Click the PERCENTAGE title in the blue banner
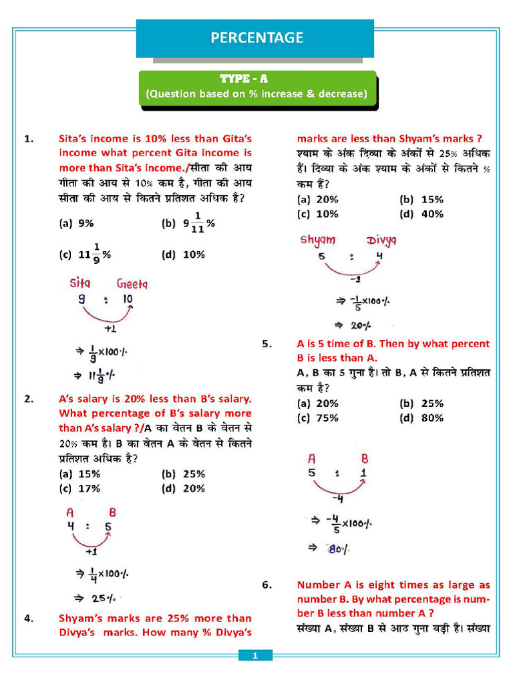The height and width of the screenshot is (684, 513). tap(256, 38)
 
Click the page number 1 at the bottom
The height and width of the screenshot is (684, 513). tap(255, 657)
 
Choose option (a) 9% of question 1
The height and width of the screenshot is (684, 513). tap(76, 224)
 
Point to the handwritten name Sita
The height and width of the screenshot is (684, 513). tap(80, 283)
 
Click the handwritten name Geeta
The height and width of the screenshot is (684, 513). tap(132, 283)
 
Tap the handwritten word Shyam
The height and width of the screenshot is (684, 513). tap(318, 240)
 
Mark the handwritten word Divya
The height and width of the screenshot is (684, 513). tap(381, 240)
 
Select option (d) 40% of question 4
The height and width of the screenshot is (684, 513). tap(421, 214)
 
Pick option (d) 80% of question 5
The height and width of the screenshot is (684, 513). tap(421, 418)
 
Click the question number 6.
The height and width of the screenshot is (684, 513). tap(267, 584)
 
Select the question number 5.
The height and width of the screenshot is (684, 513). tap(267, 344)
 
